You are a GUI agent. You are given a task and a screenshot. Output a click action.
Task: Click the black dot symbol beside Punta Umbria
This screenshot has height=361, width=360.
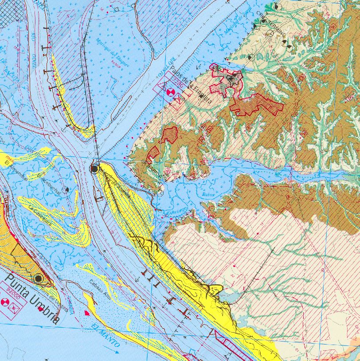[x=38, y=279]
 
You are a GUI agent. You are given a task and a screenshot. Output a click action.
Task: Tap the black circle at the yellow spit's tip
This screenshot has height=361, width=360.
[x=94, y=169]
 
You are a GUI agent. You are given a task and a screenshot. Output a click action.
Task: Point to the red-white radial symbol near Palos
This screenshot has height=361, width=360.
[x=169, y=92]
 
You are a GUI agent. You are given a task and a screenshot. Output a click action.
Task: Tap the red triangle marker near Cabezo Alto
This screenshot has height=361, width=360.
[x=87, y=313]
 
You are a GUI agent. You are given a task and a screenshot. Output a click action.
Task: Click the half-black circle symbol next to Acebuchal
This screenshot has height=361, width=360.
[x=66, y=189]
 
